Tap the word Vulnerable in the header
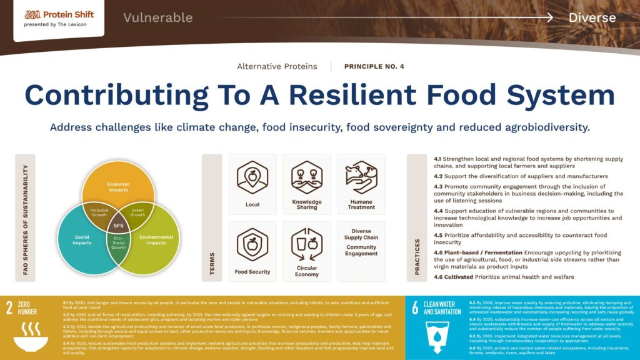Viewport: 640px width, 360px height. [x=157, y=17]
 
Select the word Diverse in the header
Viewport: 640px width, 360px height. [x=592, y=17]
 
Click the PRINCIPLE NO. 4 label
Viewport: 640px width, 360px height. [x=374, y=66]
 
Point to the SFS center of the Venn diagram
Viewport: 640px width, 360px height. [x=118, y=224]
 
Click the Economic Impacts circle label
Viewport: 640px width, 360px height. [x=118, y=187]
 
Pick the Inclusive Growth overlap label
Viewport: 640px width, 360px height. [x=99, y=212]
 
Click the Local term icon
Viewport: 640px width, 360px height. [x=252, y=177]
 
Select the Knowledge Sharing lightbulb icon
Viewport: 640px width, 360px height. [x=307, y=177]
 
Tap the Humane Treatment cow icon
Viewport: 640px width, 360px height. [x=361, y=176]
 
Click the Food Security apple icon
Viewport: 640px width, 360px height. [x=252, y=244]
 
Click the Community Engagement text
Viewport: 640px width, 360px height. [x=361, y=251]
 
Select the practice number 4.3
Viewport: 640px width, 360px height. [x=438, y=187]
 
